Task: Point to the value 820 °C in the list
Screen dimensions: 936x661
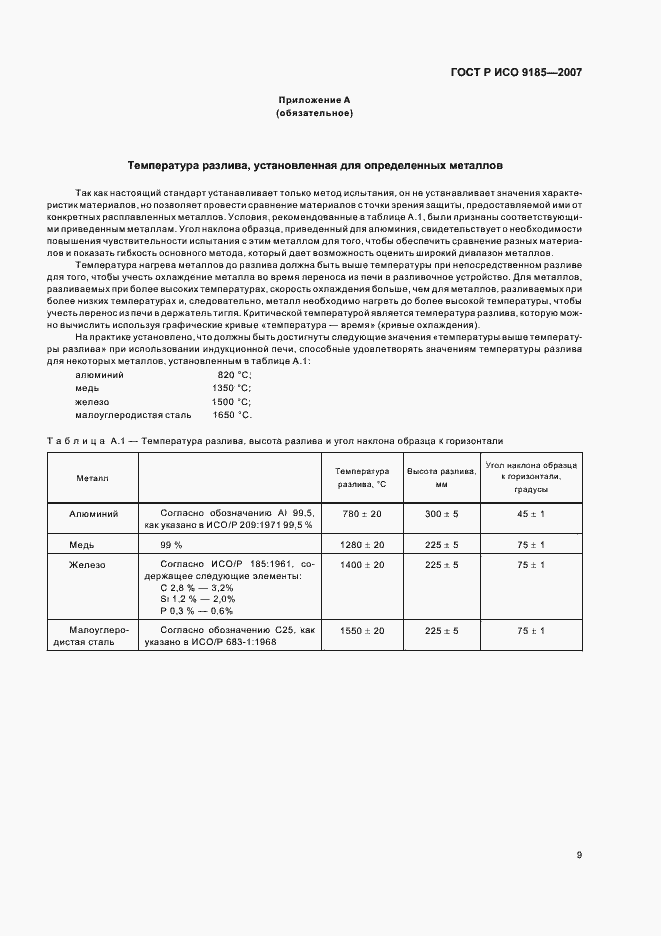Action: (233, 374)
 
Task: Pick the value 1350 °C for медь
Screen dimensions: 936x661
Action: (231, 387)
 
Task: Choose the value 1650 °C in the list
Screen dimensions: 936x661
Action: (231, 414)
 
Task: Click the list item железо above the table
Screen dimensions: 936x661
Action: (92, 401)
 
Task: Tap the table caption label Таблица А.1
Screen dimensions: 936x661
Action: (85, 441)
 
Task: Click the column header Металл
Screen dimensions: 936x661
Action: (93, 478)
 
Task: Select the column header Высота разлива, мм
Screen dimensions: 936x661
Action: (440, 477)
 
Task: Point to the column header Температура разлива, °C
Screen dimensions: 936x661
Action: (361, 477)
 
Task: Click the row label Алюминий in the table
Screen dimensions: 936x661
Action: (93, 514)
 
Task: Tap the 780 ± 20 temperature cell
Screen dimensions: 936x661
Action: (362, 514)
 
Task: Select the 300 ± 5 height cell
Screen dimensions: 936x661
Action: (440, 514)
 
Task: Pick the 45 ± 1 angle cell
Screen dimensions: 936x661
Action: (530, 514)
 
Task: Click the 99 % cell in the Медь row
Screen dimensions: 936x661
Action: (171, 545)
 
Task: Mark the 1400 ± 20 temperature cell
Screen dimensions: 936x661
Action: (362, 565)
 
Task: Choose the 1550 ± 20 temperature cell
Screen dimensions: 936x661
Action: (362, 631)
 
